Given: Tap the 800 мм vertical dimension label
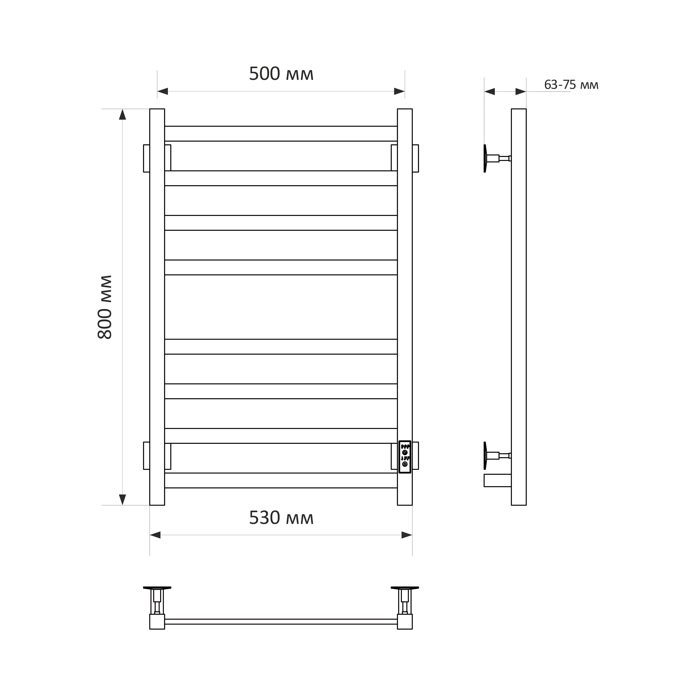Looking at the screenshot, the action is coord(105,307).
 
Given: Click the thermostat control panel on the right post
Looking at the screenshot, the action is coord(405,457).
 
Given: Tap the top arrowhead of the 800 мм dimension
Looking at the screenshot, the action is coord(122,114).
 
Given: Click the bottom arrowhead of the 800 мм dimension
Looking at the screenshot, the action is coord(122,500).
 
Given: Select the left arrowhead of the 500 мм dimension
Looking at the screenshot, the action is coord(163,92).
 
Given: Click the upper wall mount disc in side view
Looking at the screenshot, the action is coord(485,158).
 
